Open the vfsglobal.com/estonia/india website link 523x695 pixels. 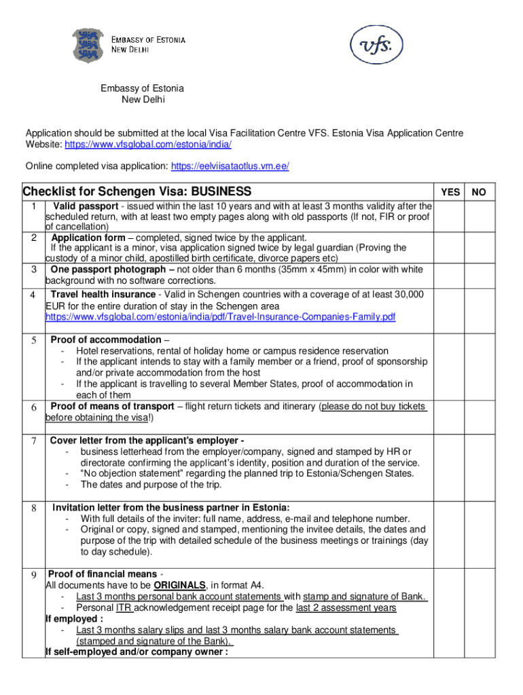pos(148,145)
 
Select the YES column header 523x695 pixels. pos(450,192)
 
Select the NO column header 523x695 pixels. pos(479,192)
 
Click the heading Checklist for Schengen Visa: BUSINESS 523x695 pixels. pos(137,191)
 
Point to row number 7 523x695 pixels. pos(33,441)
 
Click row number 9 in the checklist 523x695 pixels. pos(33,575)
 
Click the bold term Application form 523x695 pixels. pos(88,238)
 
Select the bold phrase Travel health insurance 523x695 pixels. pos(103,294)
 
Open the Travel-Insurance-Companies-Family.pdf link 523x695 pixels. pos(220,317)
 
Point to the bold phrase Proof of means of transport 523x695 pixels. pos(112,406)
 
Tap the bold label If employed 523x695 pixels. pos(75,619)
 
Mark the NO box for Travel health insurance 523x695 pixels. pos(479,306)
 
